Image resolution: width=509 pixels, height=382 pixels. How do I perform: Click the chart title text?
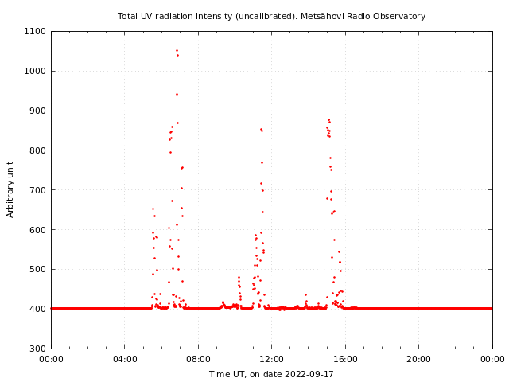point(271,16)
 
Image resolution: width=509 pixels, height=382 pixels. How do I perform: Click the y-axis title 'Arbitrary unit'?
point(11,189)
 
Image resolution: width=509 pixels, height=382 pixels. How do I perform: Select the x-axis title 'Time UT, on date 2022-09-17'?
point(271,374)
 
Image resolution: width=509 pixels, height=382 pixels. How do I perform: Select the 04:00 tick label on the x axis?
point(125,359)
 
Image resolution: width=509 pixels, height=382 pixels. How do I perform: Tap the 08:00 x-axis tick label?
point(198,359)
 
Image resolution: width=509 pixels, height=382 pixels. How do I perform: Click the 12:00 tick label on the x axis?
point(272,359)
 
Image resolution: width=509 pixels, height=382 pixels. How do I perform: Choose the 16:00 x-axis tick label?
point(345,359)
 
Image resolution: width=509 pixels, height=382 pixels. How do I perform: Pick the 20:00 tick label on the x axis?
point(419,359)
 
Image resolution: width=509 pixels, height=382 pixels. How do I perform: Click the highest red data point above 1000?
point(177,50)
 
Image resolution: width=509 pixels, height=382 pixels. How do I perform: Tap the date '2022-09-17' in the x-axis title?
point(309,374)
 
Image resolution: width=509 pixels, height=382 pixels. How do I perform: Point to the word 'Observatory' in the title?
point(401,16)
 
